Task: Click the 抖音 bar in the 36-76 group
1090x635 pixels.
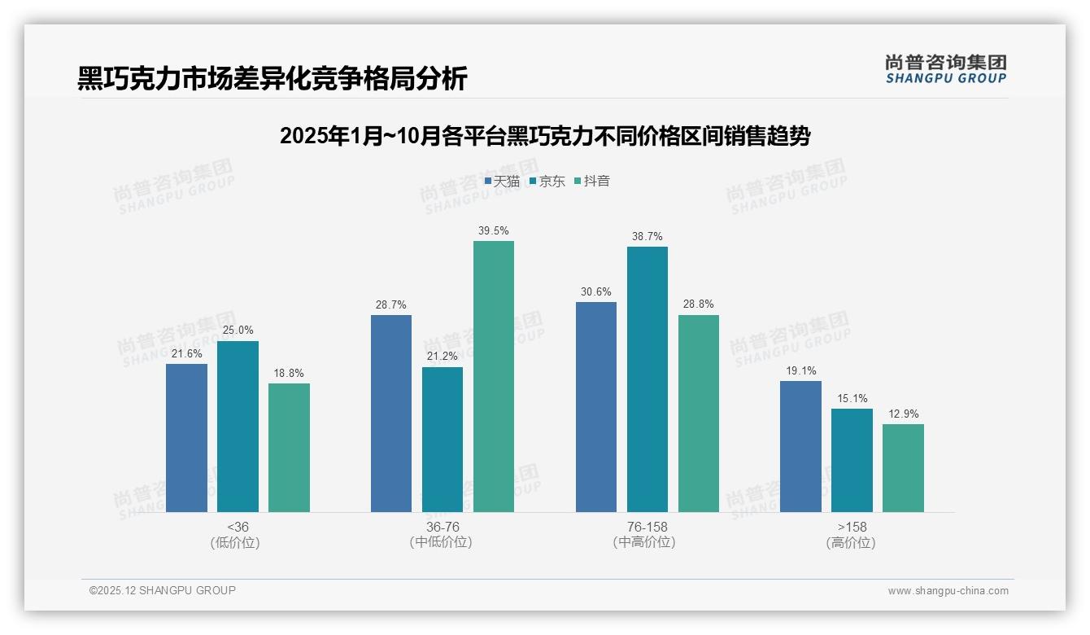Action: click(494, 376)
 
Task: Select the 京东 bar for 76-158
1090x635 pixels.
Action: click(647, 379)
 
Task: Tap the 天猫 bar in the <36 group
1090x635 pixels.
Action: click(186, 438)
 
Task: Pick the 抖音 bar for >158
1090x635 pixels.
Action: click(903, 468)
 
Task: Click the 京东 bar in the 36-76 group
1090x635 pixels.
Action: click(443, 440)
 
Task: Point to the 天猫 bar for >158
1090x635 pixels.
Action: click(800, 446)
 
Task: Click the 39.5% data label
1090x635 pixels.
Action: click(494, 230)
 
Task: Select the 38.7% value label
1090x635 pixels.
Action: click(647, 236)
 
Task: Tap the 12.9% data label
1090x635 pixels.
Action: click(903, 414)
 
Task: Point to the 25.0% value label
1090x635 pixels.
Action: click(238, 330)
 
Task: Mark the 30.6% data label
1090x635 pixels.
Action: click(596, 291)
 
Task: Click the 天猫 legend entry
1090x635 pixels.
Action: click(502, 181)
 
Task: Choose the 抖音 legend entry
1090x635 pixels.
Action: click(592, 181)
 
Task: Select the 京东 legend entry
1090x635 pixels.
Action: click(547, 181)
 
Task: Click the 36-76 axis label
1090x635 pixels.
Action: click(443, 527)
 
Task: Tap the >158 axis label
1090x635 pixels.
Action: click(852, 527)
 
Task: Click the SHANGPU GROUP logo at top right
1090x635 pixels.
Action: click(946, 68)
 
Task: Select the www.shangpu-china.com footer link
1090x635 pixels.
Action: click(948, 591)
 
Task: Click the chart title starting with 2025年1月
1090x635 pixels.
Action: click(545, 136)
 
